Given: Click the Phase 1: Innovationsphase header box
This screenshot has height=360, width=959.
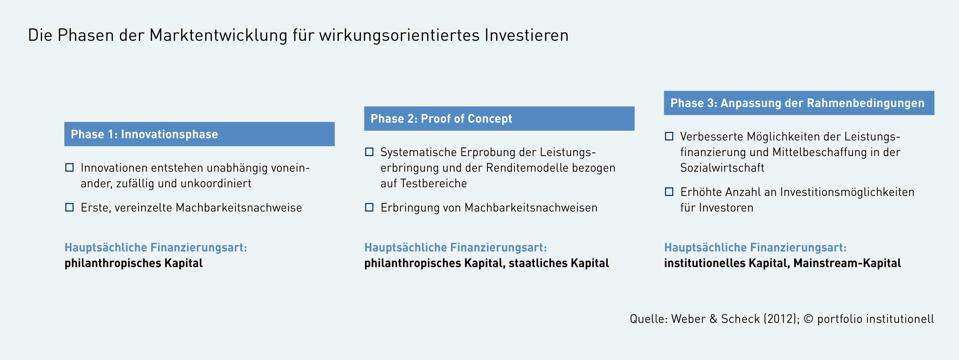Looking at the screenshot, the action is coord(199,134).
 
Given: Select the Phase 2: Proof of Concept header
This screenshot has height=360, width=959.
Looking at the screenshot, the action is coord(499,119).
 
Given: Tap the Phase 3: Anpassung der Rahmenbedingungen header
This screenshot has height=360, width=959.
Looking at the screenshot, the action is coord(799,103).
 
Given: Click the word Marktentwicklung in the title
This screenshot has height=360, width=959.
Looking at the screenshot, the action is coord(219,36).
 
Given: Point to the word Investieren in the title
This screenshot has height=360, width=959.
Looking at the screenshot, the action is coord(527,35).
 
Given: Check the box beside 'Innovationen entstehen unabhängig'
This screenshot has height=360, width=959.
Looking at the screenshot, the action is coord(70,167).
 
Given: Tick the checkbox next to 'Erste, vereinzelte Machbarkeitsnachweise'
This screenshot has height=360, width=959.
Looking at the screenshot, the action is coord(70,207).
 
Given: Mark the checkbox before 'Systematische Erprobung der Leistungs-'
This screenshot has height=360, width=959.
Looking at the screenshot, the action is coord(369,152).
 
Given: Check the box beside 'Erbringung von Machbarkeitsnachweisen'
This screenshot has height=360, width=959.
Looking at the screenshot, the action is coord(369,207).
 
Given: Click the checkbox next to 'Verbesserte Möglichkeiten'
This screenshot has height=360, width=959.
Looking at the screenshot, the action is coord(669,136).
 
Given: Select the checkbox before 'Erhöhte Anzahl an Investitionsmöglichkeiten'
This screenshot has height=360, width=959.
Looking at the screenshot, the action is coord(669,191).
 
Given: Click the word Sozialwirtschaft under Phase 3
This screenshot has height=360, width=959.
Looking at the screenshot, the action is coord(722,168).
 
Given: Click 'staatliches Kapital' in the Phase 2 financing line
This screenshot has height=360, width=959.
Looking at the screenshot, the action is coord(559,263).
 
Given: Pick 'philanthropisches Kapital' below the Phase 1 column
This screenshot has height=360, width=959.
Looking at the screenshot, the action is coord(134,263).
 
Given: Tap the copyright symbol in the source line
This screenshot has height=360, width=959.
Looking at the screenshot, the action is coord(808,319).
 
